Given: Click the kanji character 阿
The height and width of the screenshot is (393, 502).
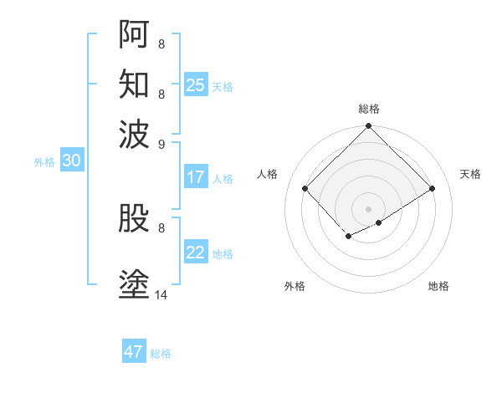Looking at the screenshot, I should coord(134,33).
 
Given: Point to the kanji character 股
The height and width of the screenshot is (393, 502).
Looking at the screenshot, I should coord(134,219).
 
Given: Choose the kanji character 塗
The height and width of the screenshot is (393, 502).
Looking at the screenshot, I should coord(134,284).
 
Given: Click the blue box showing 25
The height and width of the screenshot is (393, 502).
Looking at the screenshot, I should coord(196,85).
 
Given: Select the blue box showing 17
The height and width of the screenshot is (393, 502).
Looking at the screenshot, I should coord(196,177).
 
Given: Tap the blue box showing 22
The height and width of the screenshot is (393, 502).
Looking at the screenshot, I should coord(196,253).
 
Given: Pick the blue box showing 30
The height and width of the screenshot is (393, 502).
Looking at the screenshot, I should coord(71,161).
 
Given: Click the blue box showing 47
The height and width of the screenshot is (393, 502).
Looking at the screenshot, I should coord(134,352).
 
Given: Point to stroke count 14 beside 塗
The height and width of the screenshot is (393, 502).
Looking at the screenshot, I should coord(161,294).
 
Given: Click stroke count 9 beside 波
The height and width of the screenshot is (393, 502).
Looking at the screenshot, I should coord(161,143).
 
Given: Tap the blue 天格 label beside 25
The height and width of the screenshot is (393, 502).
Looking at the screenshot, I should coord(223,87).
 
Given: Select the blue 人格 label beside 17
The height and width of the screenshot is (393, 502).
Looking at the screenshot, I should coord(223,179).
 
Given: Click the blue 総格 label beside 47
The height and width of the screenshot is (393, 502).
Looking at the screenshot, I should coord(161,354).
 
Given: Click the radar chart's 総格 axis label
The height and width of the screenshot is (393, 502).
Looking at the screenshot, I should coord(368,109).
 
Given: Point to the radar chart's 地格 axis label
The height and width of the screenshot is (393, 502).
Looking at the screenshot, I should coord(438,286).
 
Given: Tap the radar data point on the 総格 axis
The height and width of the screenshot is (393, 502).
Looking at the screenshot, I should coord(368,127).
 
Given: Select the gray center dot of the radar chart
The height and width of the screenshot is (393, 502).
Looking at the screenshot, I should coord(368,208).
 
